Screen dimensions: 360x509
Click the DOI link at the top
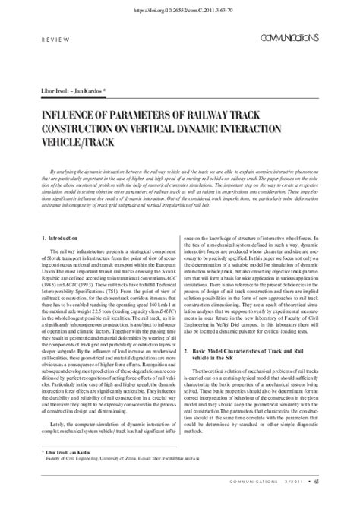pyautogui.click(x=181, y=11)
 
